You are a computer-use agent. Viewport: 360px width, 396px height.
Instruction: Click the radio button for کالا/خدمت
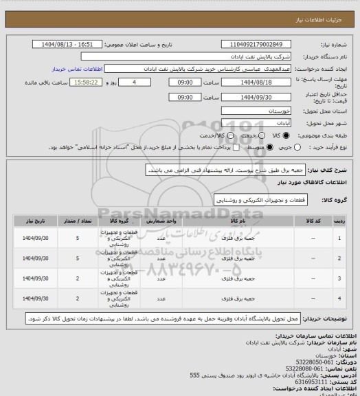[x=229, y=135]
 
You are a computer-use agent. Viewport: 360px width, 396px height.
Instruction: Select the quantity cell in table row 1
[x=78, y=238]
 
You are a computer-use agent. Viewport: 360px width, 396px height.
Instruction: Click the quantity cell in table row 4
[x=78, y=300]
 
